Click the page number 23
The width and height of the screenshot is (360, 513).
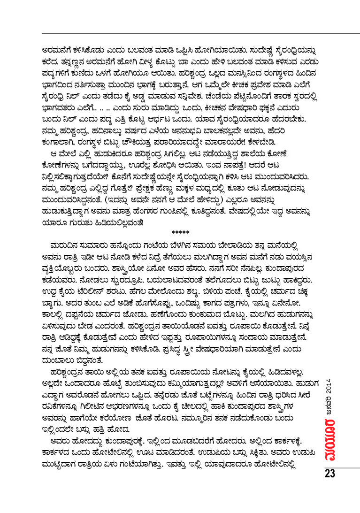329,473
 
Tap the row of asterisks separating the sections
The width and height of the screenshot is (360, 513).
180,232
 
